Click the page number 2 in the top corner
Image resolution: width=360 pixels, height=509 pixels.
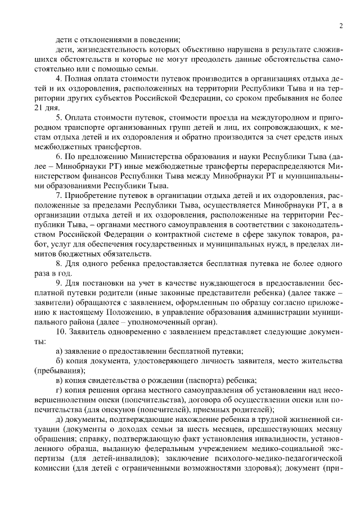coord(341,25)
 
